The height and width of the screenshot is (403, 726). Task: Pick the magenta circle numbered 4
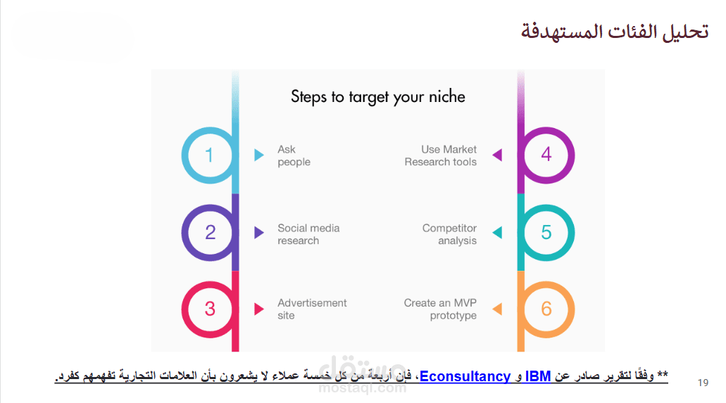point(572,155)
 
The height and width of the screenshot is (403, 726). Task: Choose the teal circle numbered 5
point(572,233)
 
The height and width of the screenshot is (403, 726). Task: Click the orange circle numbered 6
point(572,309)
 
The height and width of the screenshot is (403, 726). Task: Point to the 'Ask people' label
point(294,156)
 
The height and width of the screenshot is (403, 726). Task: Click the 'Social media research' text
point(308,234)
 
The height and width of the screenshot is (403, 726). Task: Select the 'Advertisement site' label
point(312,309)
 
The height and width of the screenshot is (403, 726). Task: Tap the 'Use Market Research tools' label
point(440,155)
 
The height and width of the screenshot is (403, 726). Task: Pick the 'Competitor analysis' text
point(449,235)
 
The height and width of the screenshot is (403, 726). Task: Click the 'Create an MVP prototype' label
point(440,309)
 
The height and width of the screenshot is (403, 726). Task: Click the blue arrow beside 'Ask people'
point(259,155)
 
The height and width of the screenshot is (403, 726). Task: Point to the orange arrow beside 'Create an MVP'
point(497,309)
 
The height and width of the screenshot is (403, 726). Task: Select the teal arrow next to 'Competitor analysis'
point(497,232)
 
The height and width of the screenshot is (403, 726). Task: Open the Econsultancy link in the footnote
point(465,376)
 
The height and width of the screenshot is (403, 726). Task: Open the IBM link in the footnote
point(537,376)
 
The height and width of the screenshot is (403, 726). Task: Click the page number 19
point(703,383)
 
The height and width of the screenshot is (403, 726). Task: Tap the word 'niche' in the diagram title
point(447,96)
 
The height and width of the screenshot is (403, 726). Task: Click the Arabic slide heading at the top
point(615,32)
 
